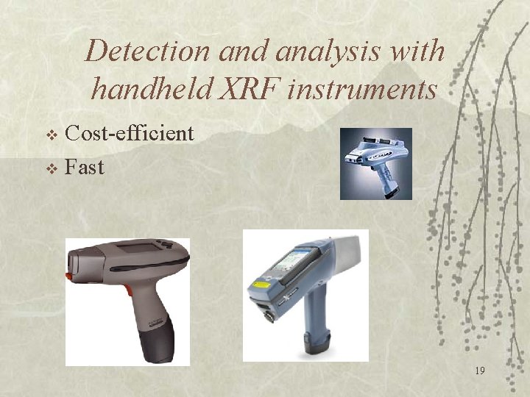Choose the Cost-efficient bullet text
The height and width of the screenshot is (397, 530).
pyautogui.click(x=129, y=133)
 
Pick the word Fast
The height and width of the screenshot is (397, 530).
pyautogui.click(x=85, y=167)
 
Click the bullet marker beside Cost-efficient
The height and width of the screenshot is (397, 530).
pyautogui.click(x=51, y=135)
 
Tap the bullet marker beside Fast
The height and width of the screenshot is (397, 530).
pyautogui.click(x=51, y=168)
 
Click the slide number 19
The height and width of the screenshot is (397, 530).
pyautogui.click(x=479, y=371)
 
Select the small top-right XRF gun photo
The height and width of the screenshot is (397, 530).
pyautogui.click(x=375, y=163)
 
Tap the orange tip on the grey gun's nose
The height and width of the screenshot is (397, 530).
pyautogui.click(x=68, y=276)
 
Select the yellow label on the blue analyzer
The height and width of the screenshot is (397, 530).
pyautogui.click(x=262, y=283)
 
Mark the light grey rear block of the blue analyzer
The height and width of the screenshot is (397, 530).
pyautogui.click(x=347, y=254)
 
